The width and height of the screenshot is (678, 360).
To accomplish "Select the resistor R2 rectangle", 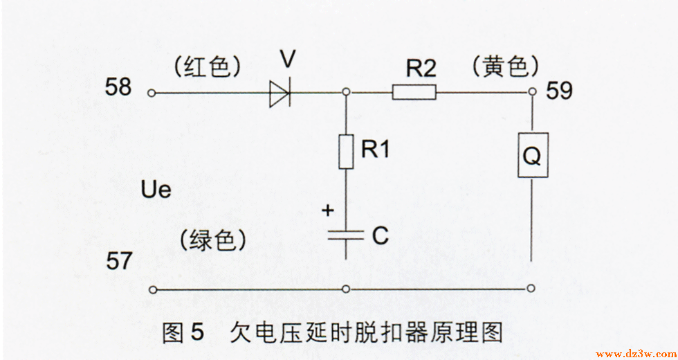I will coord(414,92).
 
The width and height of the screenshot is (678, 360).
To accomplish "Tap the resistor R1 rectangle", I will coord(346,152).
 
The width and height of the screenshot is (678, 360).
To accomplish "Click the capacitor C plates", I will coord(346,235).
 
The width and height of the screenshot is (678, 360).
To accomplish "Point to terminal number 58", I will coord(119,87).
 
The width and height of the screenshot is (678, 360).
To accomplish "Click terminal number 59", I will coord(559,91).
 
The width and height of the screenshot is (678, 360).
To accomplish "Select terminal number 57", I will coord(119,261).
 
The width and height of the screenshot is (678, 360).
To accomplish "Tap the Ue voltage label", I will coord(155,189).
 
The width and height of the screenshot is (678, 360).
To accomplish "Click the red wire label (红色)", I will coord(208,67).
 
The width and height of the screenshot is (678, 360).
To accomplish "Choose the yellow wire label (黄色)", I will coord(504,66).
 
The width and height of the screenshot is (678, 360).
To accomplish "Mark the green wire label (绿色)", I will coord(212,240).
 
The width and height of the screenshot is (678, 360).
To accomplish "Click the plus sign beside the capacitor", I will coord(328,209).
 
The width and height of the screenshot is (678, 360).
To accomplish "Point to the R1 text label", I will coord(375,149).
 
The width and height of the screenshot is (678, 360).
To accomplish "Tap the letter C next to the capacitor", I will coord(380,236).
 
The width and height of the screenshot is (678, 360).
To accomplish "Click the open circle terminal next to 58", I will coord(152,92).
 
